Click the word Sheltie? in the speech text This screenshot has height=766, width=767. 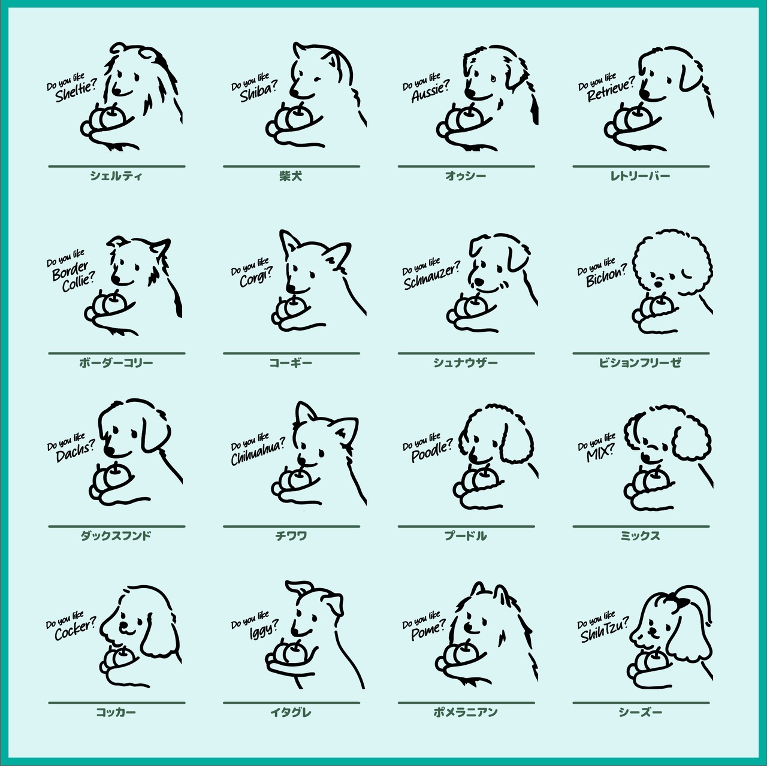tap(76, 92)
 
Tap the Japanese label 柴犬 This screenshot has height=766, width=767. tap(291, 176)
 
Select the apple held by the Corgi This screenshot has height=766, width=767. tap(295, 307)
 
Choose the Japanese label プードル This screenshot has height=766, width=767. tap(466, 535)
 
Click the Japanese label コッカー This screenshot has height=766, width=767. tap(116, 712)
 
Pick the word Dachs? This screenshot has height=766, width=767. tap(76, 452)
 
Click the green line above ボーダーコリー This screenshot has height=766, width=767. tap(117, 353)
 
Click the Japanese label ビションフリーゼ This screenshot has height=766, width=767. tap(640, 362)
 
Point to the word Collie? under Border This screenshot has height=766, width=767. tap(78, 282)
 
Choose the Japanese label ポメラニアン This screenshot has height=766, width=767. tap(466, 712)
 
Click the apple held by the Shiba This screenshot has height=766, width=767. tap(297, 116)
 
